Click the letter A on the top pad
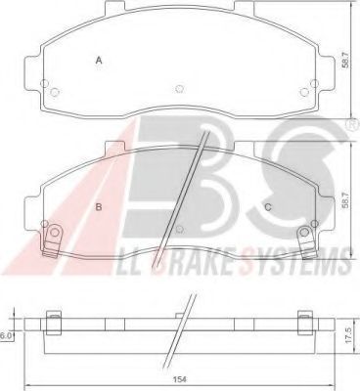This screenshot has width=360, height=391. point(99,61)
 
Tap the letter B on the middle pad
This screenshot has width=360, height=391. point(99,207)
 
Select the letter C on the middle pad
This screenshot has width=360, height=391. point(268,207)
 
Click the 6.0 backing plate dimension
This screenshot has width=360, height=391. point(5,336)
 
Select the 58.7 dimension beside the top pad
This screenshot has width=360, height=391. point(345,60)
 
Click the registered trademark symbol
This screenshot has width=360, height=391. point(352,125)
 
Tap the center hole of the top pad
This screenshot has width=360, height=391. point(179,89)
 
